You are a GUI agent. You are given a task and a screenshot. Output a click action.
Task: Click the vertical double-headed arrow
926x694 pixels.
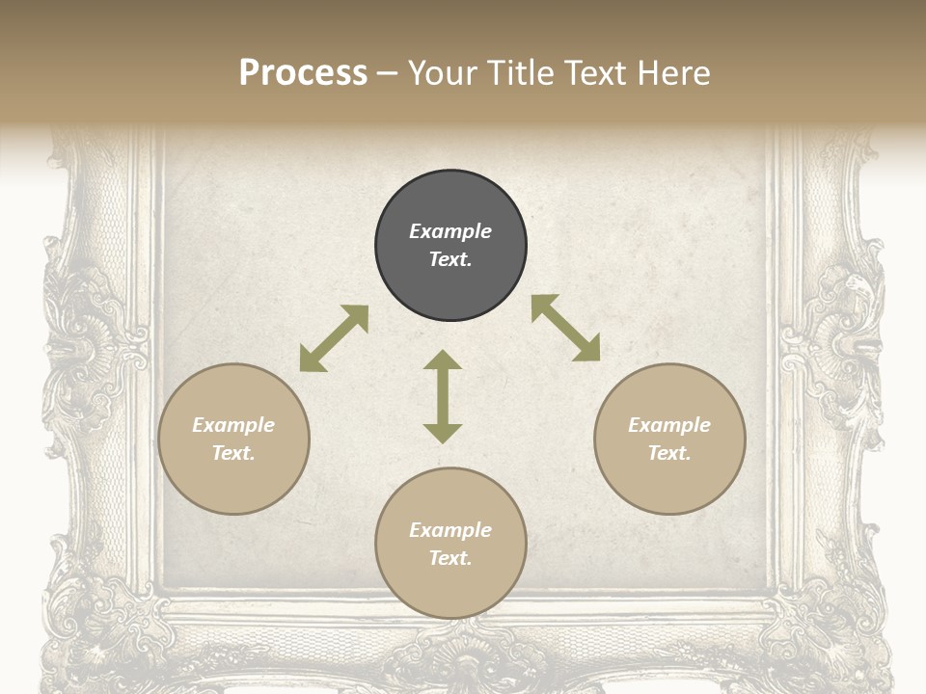(x=443, y=396)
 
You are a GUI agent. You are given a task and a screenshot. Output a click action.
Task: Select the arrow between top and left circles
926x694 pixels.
(x=334, y=338)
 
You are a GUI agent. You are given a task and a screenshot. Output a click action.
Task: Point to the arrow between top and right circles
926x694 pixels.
(x=565, y=328)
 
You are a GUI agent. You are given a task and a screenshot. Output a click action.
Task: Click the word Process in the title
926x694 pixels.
(x=303, y=73)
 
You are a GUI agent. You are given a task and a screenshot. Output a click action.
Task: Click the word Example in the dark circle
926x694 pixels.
(x=450, y=231)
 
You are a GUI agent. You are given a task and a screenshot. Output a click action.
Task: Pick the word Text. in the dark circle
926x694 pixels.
(x=450, y=259)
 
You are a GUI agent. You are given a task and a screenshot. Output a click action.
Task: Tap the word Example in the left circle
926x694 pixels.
(x=233, y=425)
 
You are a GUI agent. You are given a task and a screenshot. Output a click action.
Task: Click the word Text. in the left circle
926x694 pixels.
(x=233, y=453)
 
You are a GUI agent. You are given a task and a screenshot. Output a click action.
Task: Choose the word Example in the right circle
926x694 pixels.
(x=669, y=425)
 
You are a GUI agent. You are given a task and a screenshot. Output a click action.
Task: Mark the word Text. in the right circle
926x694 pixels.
(x=669, y=453)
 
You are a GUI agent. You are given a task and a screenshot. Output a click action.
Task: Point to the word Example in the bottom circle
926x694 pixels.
(x=450, y=530)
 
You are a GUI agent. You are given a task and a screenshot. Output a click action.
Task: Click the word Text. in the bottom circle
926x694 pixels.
(x=450, y=558)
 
